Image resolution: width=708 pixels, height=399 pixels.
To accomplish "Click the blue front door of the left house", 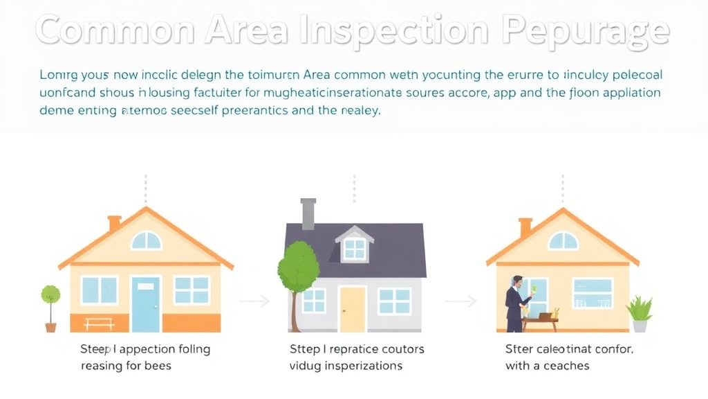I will pos(146,304).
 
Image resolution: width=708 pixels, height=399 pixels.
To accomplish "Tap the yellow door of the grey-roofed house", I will pos(353,309).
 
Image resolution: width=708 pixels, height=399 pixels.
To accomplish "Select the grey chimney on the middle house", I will pos(308,213).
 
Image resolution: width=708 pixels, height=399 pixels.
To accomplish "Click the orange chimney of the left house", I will pos(115,223).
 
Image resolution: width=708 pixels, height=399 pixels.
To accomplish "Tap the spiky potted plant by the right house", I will pos(639,312).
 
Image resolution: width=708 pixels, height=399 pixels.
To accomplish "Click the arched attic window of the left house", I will pos(147,240).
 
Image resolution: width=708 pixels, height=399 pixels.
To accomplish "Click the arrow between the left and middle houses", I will pos(254,301).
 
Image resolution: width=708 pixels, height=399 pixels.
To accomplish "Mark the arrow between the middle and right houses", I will pos(460,301).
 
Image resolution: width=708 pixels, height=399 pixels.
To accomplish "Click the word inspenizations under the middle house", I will pos(360,365).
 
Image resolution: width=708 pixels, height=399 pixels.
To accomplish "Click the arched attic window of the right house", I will pos(563,240).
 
